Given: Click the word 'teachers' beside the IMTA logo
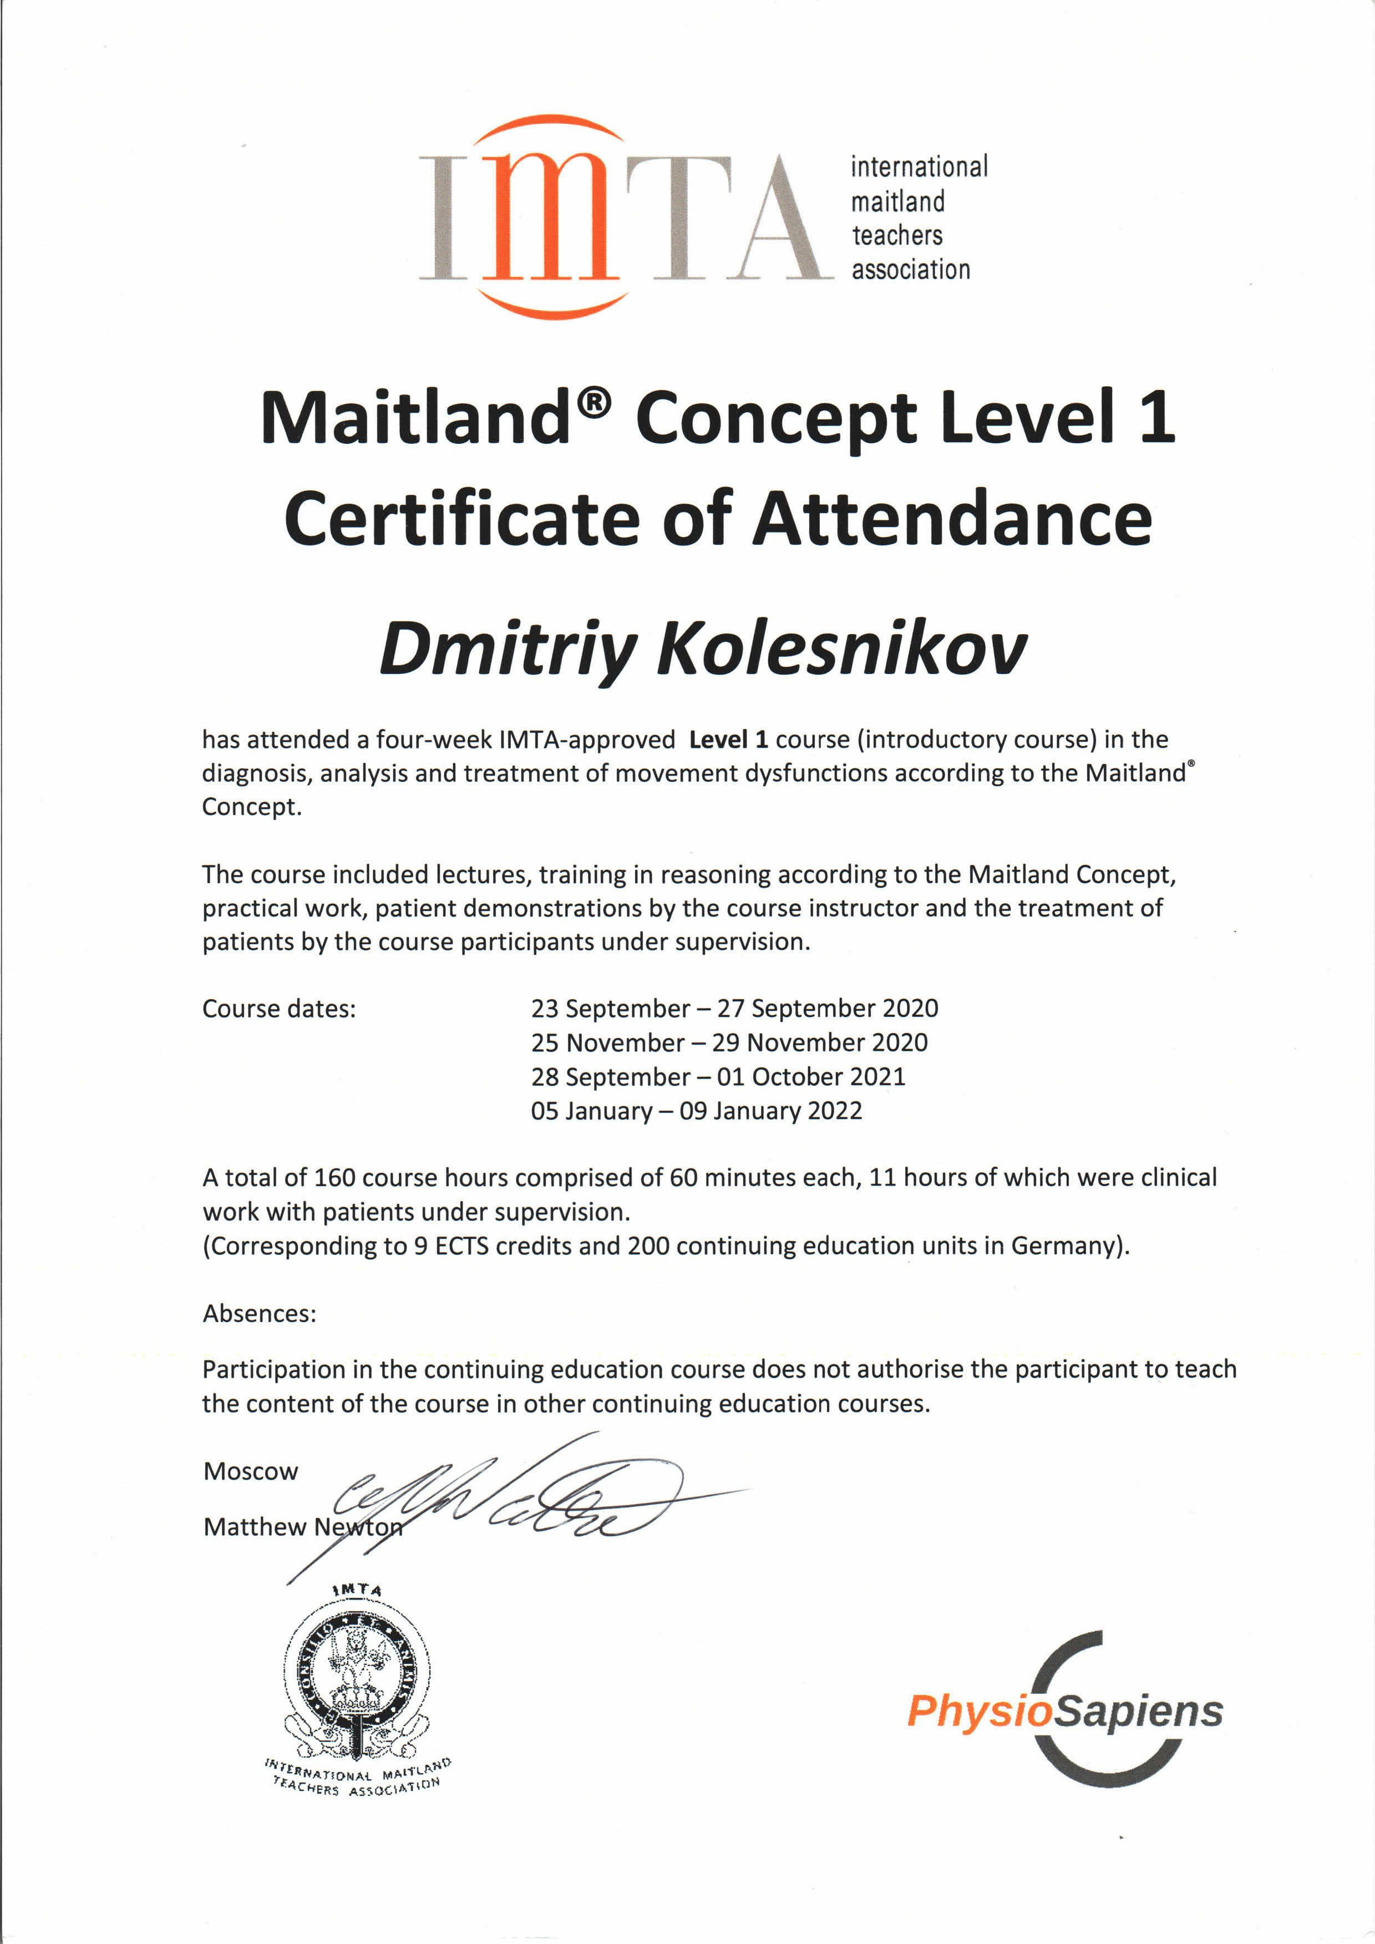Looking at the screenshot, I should pos(897,235).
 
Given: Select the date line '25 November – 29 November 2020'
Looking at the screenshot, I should pos(729,1042).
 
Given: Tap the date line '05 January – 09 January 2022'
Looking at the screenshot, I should pos(696,1110).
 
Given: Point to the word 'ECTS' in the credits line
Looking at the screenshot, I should pos(461,1246).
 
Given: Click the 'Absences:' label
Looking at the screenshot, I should pos(259,1313).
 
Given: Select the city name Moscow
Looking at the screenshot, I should pos(251,1471).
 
